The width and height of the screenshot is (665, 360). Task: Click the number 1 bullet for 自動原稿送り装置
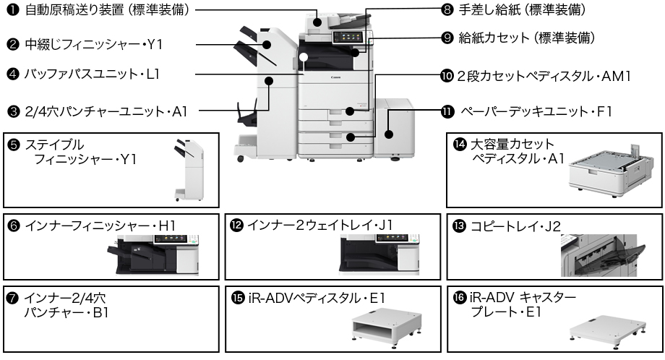pyautogui.click(x=12, y=10)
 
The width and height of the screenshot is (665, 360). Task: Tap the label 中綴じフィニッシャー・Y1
pyautogui.click(x=94, y=44)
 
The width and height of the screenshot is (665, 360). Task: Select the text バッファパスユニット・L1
pyautogui.click(x=92, y=74)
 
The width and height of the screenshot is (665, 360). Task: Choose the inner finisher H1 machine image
pyautogui.click(x=152, y=254)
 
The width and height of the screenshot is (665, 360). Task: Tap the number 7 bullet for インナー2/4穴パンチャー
pyautogui.click(x=12, y=298)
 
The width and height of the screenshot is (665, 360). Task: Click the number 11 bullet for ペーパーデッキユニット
pyautogui.click(x=447, y=111)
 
